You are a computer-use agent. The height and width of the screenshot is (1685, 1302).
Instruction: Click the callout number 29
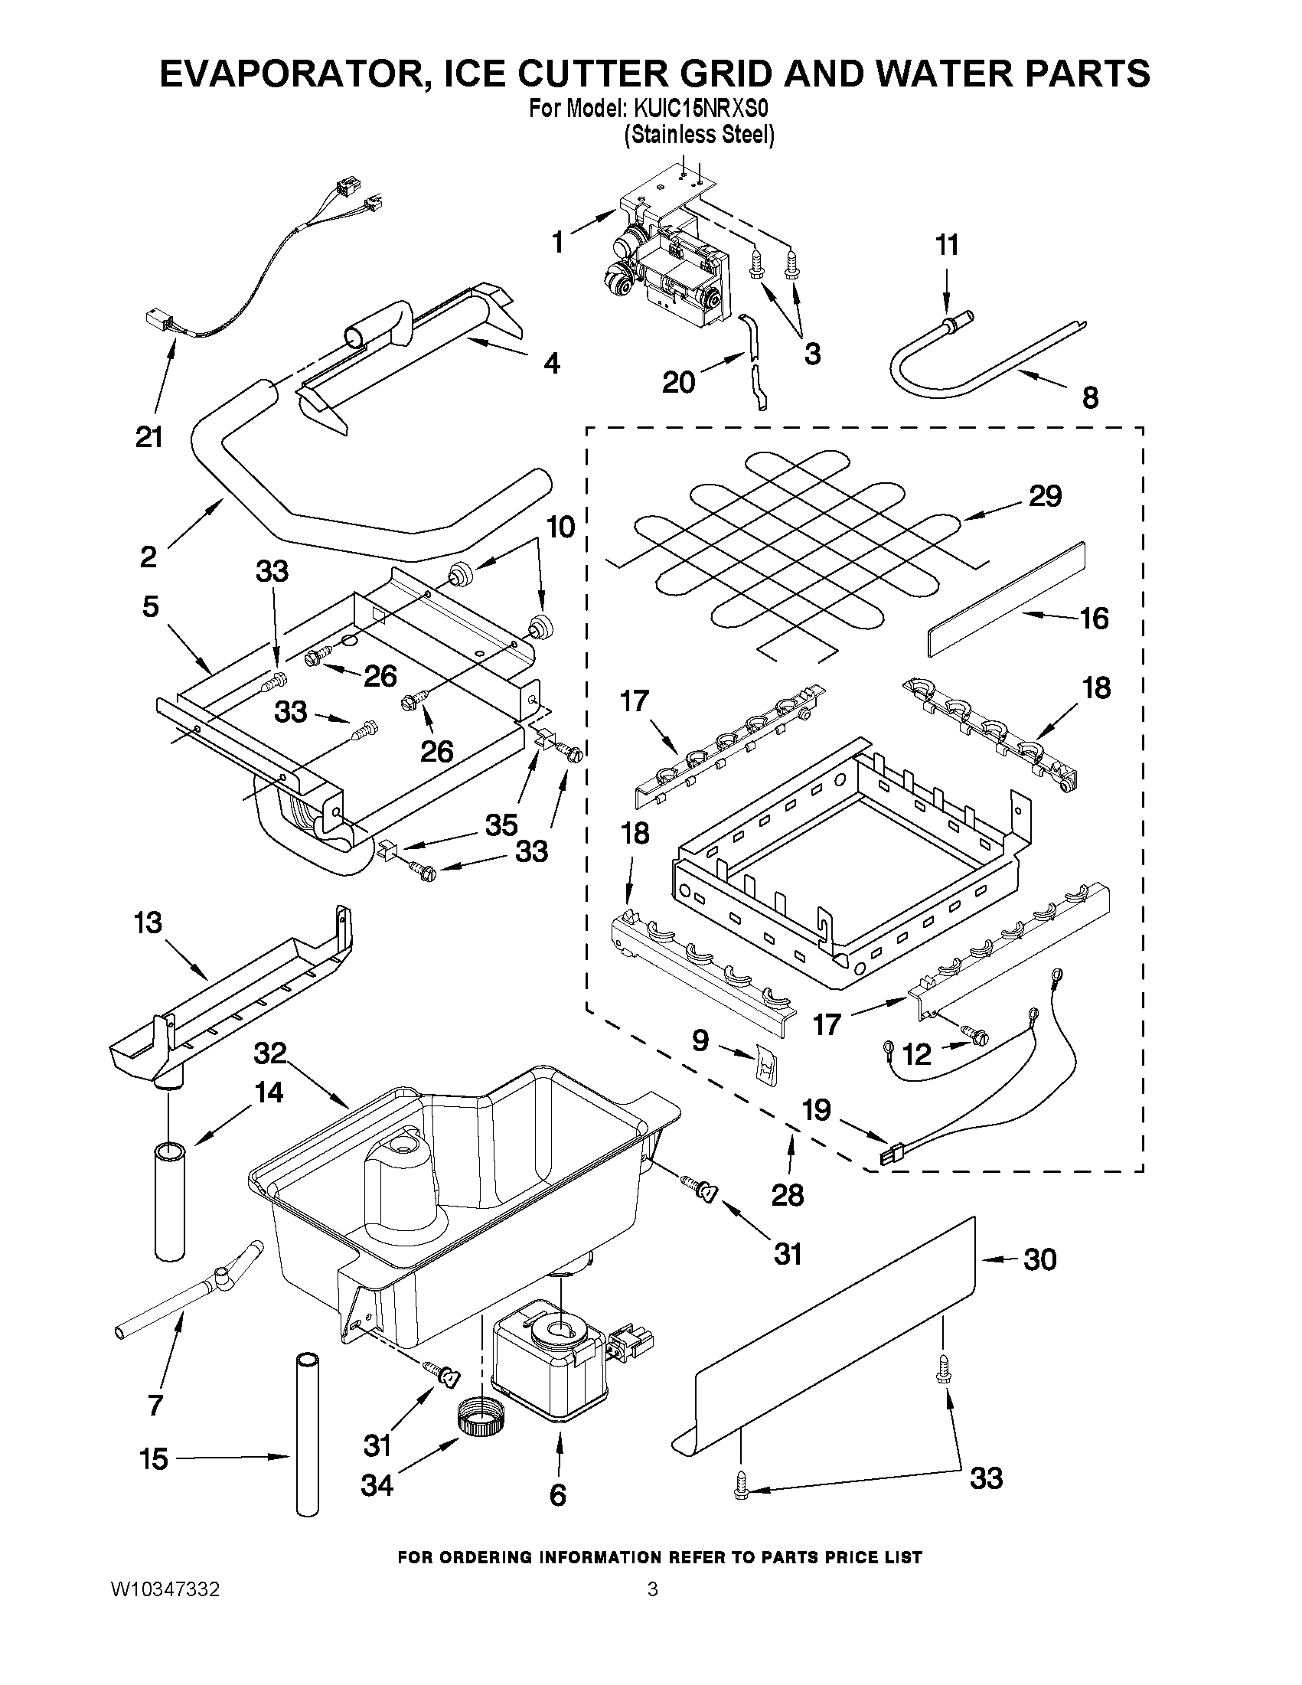[x=1044, y=496]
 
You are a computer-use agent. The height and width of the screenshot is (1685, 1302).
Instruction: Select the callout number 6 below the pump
[x=558, y=1495]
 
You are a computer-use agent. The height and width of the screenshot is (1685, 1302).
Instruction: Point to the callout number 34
[x=377, y=1485]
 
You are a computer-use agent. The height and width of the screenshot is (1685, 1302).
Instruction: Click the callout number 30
[x=1039, y=1259]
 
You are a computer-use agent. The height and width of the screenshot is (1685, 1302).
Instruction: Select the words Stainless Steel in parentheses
[x=699, y=135]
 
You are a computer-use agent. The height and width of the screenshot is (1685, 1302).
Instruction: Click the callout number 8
[x=1089, y=397]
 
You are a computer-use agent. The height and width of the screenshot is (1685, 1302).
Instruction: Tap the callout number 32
[x=269, y=1053]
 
